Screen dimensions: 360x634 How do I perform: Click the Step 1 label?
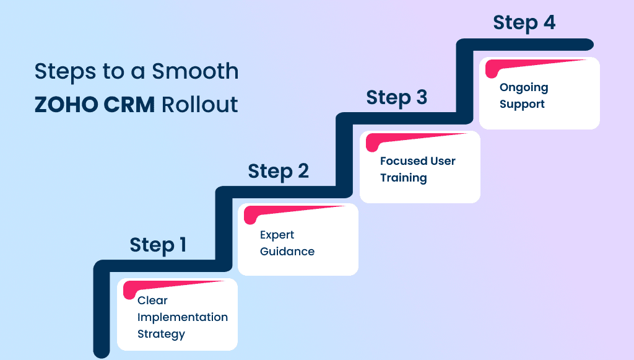pyautogui.click(x=158, y=245)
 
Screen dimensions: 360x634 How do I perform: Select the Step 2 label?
pyautogui.click(x=278, y=171)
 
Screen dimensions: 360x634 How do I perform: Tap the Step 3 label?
pyautogui.click(x=396, y=98)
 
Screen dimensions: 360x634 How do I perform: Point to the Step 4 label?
pyautogui.click(x=524, y=23)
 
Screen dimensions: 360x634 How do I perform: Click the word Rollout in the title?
pyautogui.click(x=199, y=104)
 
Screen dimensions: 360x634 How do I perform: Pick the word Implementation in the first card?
pyautogui.click(x=183, y=317)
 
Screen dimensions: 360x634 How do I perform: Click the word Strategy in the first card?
pyautogui.click(x=161, y=334)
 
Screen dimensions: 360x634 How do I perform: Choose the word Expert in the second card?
pyautogui.click(x=277, y=235)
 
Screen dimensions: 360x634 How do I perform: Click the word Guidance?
pyautogui.click(x=287, y=252)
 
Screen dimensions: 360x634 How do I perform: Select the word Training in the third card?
pyautogui.click(x=403, y=178)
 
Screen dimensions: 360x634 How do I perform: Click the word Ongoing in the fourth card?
pyautogui.click(x=524, y=87)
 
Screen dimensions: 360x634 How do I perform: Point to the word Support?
pyautogui.click(x=522, y=104)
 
